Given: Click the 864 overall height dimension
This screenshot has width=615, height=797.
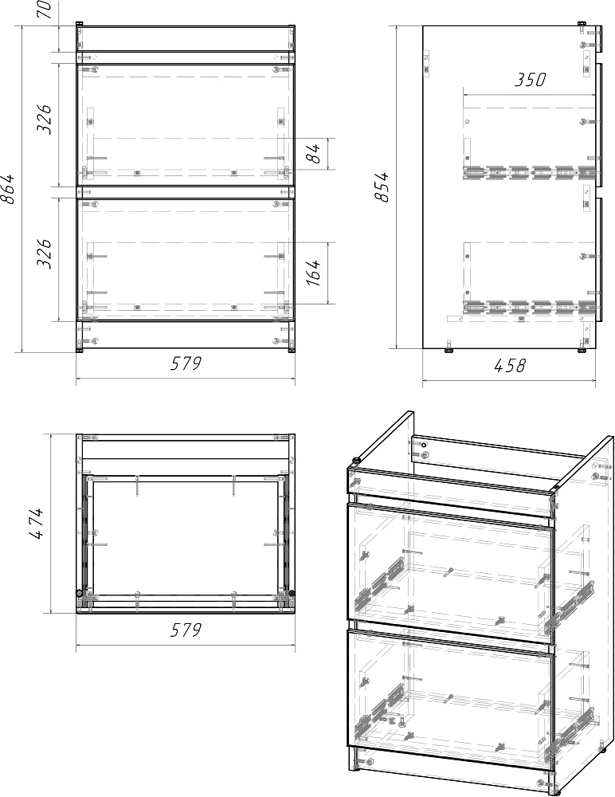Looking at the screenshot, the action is click(x=9, y=189).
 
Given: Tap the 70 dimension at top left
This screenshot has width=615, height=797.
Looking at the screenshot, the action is click(x=45, y=9).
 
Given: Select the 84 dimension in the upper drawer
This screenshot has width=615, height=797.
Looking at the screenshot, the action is click(x=315, y=153).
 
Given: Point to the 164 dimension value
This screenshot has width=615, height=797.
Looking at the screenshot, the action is click(x=315, y=273).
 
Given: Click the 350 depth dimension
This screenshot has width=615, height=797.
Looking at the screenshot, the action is click(x=530, y=80).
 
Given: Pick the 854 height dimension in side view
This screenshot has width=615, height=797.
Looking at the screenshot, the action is click(x=382, y=187).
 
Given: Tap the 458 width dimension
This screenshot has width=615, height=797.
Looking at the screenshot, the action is click(x=509, y=365).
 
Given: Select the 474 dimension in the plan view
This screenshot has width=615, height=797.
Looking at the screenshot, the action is click(x=37, y=524).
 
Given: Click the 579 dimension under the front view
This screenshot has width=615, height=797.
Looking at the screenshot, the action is click(x=186, y=363).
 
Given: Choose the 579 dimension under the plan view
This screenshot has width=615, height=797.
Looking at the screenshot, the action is click(x=186, y=630).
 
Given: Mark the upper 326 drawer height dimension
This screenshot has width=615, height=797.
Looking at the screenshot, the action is click(x=45, y=120).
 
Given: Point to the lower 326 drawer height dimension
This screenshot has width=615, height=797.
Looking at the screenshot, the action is click(x=45, y=253).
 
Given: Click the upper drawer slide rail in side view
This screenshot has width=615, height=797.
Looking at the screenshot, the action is click(x=529, y=172).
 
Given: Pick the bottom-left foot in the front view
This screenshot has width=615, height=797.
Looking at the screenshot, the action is click(x=80, y=350).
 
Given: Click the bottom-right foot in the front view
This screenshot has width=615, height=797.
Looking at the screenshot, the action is click(x=292, y=350).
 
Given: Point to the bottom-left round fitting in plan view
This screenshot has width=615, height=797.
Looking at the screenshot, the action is click(x=80, y=593).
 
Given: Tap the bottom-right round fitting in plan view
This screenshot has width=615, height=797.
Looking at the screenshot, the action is click(x=292, y=593).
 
